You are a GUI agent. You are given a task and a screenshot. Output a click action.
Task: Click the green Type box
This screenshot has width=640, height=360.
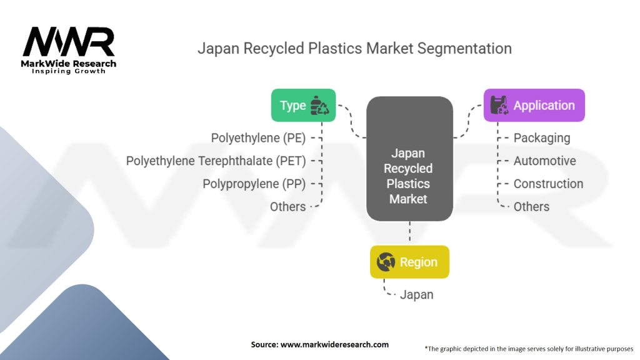click(x=303, y=105)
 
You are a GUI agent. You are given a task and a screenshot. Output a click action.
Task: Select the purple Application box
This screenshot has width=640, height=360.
click(x=534, y=105)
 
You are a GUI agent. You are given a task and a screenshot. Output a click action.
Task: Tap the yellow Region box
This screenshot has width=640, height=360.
click(x=409, y=262)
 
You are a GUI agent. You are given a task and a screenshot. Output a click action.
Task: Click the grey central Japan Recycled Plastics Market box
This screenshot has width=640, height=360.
click(x=409, y=159)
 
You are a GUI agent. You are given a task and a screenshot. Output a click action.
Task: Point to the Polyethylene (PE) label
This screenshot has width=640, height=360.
click(x=258, y=138)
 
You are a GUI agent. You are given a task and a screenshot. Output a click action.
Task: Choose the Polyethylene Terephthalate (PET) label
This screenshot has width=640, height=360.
click(x=216, y=161)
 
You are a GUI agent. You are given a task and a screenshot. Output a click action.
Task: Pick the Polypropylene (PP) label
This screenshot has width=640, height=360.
click(x=254, y=184)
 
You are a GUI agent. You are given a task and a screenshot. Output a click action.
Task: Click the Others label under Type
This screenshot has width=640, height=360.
click(x=287, y=206)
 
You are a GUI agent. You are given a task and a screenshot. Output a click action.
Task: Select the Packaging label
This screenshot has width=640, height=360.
click(x=542, y=138)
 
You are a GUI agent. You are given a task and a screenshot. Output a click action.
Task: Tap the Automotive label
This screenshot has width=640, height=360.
click(x=544, y=161)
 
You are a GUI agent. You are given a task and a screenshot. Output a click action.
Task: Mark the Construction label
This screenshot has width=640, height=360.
click(x=548, y=184)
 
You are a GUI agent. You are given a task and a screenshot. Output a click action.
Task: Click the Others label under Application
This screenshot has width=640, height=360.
click(x=531, y=206)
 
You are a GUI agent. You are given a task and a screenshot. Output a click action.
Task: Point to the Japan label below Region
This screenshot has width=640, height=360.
click(x=417, y=295)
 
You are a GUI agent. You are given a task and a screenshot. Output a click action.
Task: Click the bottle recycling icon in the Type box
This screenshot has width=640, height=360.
click(x=319, y=105)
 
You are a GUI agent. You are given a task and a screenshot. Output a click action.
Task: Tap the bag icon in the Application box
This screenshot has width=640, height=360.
click(x=499, y=105)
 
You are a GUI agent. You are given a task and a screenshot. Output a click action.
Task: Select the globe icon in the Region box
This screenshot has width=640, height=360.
click(x=386, y=262)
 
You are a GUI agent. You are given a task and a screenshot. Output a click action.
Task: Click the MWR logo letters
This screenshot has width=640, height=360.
click(x=69, y=42)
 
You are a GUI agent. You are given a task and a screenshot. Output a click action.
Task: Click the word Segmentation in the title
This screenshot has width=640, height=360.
click(x=464, y=49)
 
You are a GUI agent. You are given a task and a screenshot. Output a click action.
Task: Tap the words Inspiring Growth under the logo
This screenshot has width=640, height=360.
click(x=69, y=71)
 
